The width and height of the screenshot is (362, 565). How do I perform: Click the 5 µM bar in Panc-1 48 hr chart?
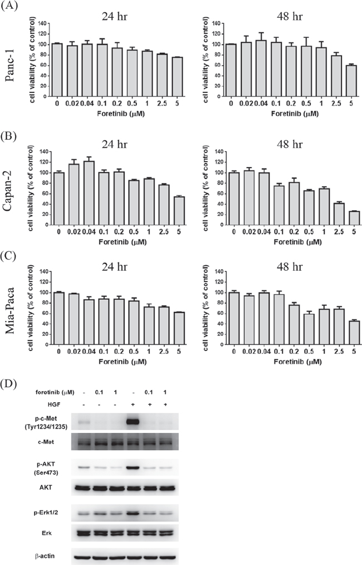tap(351, 81)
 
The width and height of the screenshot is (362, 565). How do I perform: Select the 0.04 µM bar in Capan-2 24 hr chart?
tap(89, 193)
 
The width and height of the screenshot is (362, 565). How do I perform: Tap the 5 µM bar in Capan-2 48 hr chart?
tap(354, 218)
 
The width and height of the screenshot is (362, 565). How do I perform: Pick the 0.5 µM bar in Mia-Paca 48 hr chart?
tap(309, 329)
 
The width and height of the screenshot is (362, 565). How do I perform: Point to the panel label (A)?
tap(9, 7)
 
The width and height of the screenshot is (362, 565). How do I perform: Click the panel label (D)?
tap(9, 383)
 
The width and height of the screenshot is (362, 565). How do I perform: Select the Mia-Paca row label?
tap(9, 310)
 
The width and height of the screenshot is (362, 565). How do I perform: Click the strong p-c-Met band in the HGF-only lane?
tap(133, 422)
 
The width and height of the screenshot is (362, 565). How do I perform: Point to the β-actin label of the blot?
tap(45, 556)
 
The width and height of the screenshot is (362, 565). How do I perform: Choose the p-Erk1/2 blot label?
tap(46, 513)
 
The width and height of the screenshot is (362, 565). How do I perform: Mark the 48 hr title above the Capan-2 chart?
tap(290, 144)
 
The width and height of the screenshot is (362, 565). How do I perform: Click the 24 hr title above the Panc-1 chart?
tap(115, 17)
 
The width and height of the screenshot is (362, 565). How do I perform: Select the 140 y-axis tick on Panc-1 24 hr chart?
tap(42, 23)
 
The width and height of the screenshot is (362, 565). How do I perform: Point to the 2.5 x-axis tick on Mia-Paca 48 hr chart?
tap(339, 352)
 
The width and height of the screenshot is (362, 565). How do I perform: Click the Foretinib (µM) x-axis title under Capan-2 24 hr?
tap(123, 242)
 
